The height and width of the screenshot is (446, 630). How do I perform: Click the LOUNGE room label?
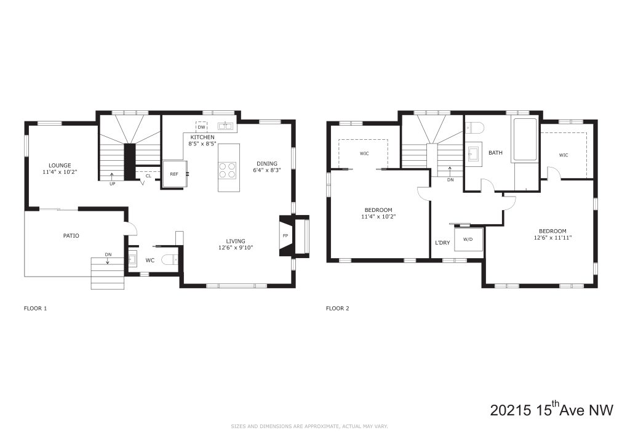[60, 165]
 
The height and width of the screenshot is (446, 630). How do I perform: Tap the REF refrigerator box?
[175, 174]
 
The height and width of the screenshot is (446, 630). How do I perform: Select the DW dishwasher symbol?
[201, 127]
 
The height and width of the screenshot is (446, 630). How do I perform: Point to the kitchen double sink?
[225, 126]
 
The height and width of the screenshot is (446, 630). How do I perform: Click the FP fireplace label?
[285, 236]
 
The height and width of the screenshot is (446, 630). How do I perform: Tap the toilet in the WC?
[169, 260]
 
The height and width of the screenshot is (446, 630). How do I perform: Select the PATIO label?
[71, 236]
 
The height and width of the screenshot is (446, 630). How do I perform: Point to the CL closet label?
[148, 176]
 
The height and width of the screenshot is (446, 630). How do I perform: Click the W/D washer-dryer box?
[468, 239]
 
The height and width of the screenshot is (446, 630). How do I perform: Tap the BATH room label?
[495, 152]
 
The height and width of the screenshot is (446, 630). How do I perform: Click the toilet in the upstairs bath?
[474, 128]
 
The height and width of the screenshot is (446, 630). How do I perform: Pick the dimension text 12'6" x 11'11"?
[552, 237]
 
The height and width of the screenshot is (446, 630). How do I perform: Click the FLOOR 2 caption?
[338, 309]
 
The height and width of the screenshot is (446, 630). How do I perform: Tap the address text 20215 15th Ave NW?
[552, 410]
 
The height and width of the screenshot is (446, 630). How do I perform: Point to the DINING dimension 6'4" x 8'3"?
[267, 170]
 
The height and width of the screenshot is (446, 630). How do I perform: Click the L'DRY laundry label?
[442, 243]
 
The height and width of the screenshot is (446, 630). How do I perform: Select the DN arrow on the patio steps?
[108, 260]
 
